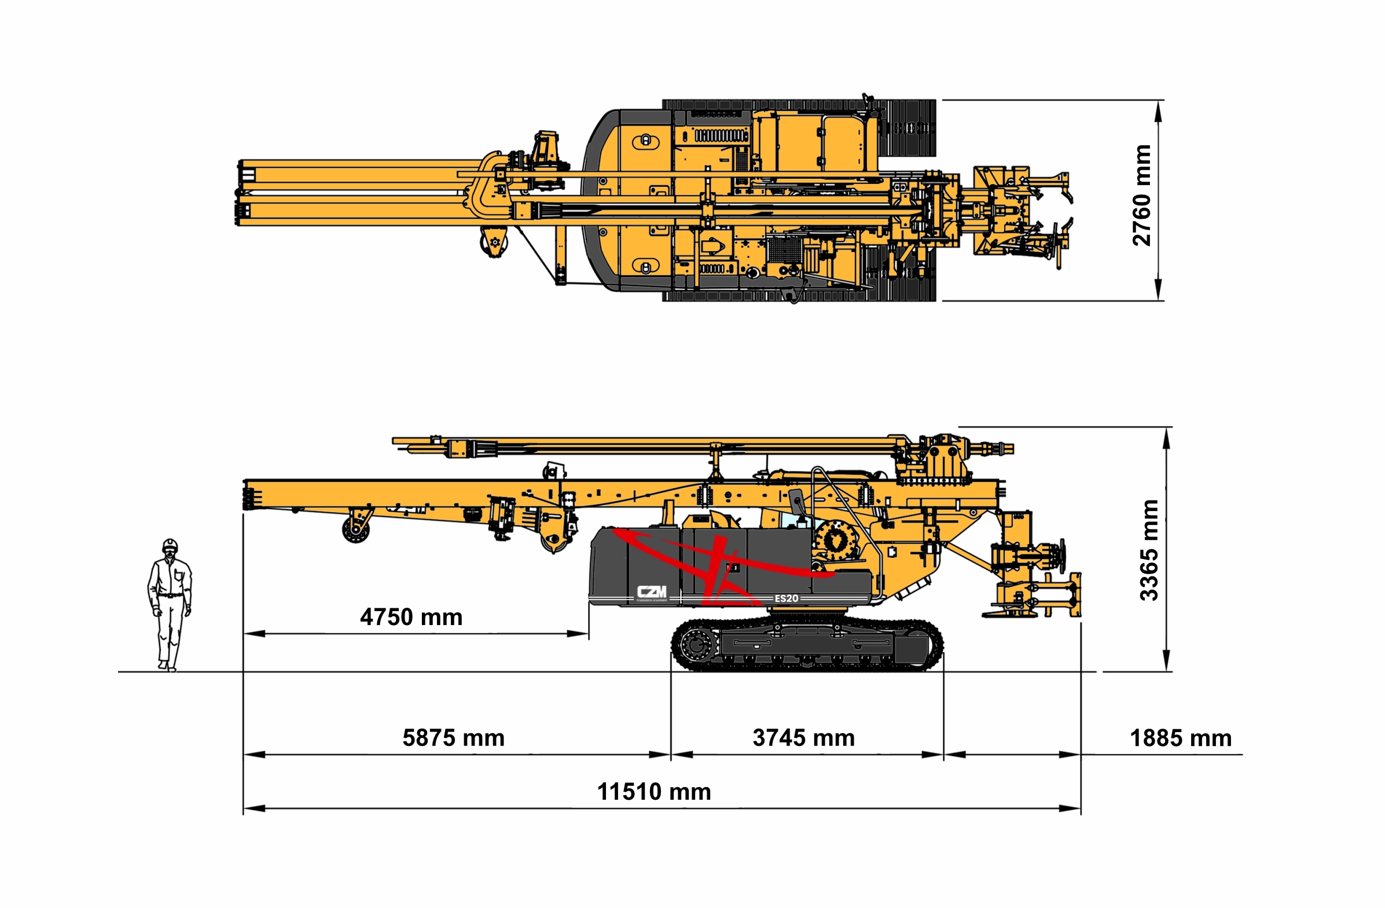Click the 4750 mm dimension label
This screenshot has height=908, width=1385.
(411, 617)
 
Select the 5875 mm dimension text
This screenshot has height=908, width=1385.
(453, 738)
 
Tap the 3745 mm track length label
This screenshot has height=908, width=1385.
(804, 738)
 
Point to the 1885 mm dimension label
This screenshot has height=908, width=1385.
(1180, 738)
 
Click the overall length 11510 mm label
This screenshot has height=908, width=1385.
(654, 792)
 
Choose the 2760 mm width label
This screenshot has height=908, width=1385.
(1142, 196)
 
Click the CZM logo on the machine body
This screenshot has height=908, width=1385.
(651, 593)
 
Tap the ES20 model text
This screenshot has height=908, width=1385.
(786, 598)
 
